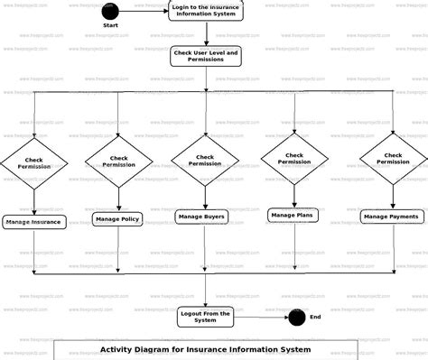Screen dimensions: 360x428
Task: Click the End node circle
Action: coord(296,317)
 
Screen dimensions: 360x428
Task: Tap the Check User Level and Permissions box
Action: coord(206,57)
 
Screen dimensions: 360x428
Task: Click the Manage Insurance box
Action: coord(33,221)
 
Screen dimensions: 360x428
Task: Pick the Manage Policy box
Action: coord(116,218)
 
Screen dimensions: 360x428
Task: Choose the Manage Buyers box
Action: coord(201,217)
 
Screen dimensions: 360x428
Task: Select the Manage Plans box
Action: coord(292,215)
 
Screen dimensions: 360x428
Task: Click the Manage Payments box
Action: coord(392,217)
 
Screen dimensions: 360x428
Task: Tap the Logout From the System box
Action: coord(206,317)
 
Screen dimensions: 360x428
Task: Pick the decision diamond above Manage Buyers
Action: coord(205,160)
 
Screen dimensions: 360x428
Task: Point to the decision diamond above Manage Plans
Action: coord(294,158)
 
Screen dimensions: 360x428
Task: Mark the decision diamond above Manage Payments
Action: coord(394,158)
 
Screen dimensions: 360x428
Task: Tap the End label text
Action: coord(315,318)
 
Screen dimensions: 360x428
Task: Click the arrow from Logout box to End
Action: coord(261,317)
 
